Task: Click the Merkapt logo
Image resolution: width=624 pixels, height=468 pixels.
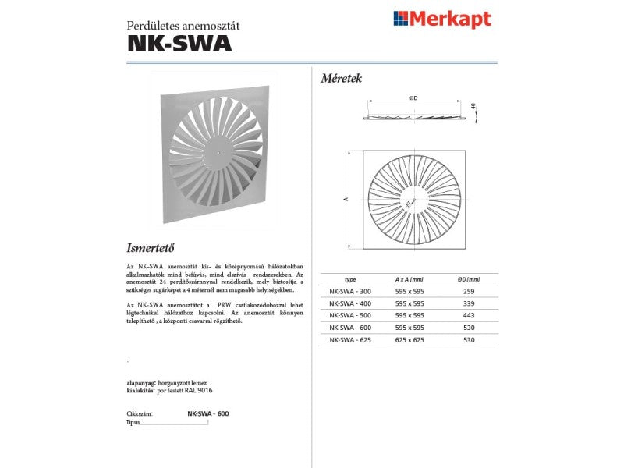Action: click(442, 19)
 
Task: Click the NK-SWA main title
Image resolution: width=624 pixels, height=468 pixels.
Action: click(179, 44)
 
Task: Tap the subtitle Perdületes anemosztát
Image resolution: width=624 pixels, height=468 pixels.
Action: click(183, 25)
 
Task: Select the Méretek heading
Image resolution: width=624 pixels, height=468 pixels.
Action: click(342, 78)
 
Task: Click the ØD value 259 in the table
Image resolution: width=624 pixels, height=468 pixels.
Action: click(468, 290)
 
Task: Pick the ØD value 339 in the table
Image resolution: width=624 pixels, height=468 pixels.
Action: click(468, 303)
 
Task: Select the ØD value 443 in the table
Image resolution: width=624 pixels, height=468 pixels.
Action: click(468, 315)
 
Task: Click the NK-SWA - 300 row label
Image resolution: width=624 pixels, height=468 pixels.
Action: click(349, 290)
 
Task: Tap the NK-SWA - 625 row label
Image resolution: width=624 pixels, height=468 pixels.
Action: click(349, 340)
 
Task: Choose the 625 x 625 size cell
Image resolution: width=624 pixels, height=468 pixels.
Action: click(409, 340)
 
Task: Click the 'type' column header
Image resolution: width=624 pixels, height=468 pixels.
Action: click(349, 278)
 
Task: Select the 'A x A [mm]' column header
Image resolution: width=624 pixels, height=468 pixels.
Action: click(409, 278)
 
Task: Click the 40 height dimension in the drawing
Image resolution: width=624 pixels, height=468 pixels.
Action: click(473, 106)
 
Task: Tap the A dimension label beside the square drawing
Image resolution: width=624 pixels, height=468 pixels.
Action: click(346, 200)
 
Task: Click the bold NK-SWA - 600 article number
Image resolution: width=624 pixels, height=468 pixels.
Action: click(208, 413)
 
